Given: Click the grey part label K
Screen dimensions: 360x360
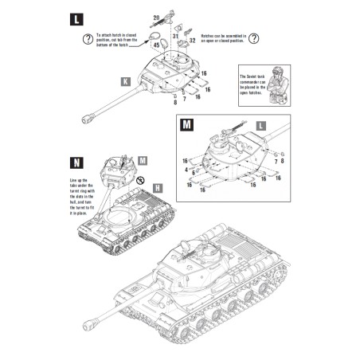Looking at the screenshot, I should (125, 80).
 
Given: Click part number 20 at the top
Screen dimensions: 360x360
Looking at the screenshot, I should (156, 15).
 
